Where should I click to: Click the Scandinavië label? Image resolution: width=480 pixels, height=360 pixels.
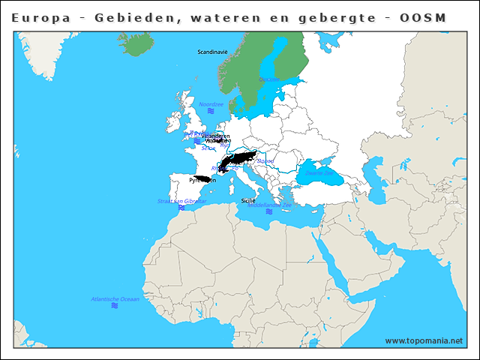(212, 52)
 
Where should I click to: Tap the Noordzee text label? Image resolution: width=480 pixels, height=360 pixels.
(211, 104)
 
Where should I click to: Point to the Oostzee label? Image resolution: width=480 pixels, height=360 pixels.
(268, 79)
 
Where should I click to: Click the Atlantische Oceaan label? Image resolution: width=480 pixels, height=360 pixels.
(115, 299)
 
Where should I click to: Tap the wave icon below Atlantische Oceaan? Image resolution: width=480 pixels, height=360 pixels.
(115, 306)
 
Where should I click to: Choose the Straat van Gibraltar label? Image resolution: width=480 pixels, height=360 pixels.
(181, 201)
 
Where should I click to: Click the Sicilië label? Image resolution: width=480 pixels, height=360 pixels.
(248, 201)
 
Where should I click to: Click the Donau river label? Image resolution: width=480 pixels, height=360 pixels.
(266, 161)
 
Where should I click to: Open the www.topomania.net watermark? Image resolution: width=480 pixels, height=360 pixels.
(424, 341)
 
